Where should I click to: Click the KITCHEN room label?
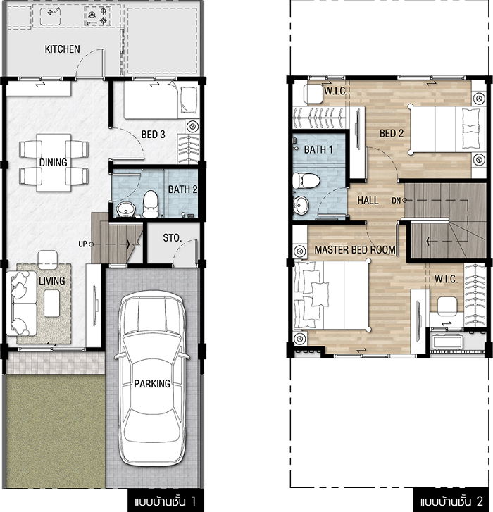pos(63,49)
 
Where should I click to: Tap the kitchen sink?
pos(50,16)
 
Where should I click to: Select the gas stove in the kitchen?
pos(96,16)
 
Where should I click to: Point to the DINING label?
pos(54,162)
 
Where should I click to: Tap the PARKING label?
pos(152,383)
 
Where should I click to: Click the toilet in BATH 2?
pos(151,204)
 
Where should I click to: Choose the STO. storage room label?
pos(172,238)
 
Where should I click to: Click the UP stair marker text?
pos(82,244)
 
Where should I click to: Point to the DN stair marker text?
pos(396,200)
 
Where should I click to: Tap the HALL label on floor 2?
pos(368,200)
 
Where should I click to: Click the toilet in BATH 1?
pos(306,181)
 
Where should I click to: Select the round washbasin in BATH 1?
pos(301,206)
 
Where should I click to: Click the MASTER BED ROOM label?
pos(355,250)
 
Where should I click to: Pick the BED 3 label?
pos(153,135)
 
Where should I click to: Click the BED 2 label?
pos(392,133)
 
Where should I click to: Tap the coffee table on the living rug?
pos(52,304)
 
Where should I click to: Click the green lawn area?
pos(55,431)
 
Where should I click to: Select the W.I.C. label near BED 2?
pos(335,91)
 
